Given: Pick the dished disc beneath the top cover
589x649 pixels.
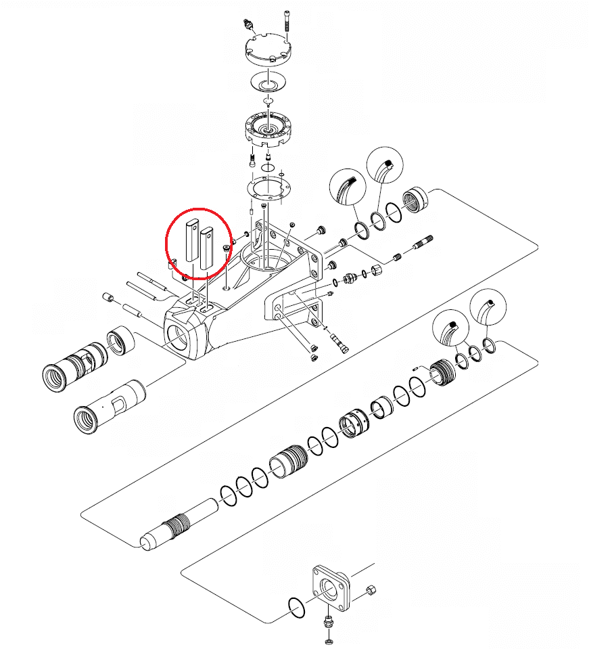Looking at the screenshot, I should (x=268, y=83).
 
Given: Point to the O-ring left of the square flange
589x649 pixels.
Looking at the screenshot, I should (x=296, y=607).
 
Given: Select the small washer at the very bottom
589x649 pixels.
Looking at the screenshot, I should (x=329, y=640).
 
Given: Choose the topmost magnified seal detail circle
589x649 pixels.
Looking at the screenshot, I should (x=382, y=165).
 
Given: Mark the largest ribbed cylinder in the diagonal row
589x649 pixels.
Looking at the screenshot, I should (x=289, y=466).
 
